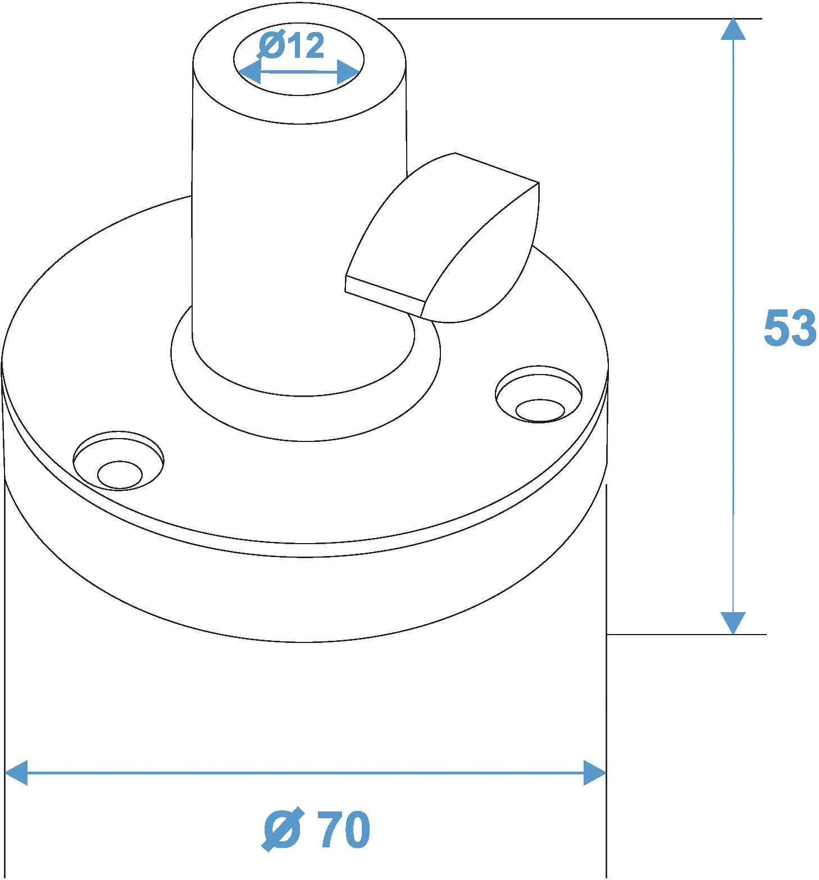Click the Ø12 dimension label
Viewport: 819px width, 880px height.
[x=292, y=46]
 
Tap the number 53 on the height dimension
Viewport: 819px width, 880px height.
[x=790, y=327]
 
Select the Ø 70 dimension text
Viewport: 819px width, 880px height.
[x=317, y=830]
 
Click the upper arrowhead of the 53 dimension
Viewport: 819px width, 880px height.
[x=732, y=29]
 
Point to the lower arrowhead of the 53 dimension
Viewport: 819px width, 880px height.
[x=732, y=623]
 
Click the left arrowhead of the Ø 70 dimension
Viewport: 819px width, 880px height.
[x=16, y=773]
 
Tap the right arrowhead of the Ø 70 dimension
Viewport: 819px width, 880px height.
[x=595, y=773]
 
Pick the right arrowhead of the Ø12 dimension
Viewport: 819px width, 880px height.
[x=348, y=73]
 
